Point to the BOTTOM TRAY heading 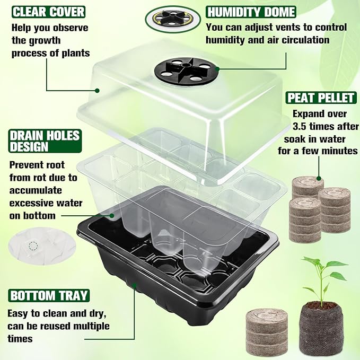[48, 295]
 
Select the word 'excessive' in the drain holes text [31, 203]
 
